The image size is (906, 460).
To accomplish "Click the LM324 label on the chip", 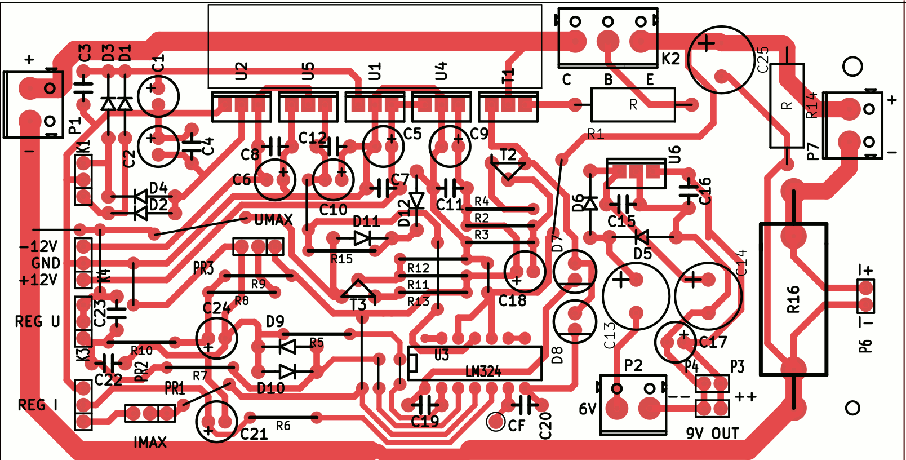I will pyautogui.click(x=483, y=372).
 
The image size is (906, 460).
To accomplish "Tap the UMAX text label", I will pyautogui.click(x=273, y=220).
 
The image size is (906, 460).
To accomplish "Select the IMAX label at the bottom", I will pyautogui.click(x=150, y=443).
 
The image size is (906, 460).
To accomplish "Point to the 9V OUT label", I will pyautogui.click(x=712, y=434).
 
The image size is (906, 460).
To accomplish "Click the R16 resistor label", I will pyautogui.click(x=793, y=299).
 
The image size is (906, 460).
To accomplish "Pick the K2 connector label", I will pyautogui.click(x=670, y=59).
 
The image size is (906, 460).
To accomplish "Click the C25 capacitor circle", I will pyautogui.click(x=721, y=59).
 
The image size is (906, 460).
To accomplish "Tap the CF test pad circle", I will pyautogui.click(x=496, y=421).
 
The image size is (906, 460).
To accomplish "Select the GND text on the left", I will pyautogui.click(x=46, y=263).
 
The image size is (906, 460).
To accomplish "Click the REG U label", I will pyautogui.click(x=37, y=322).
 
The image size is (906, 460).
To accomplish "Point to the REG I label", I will pyautogui.click(x=38, y=405).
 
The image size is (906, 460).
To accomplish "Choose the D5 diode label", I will pyautogui.click(x=643, y=254).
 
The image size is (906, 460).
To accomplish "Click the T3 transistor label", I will pyautogui.click(x=358, y=306).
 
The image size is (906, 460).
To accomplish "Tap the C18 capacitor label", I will pyautogui.click(x=512, y=301).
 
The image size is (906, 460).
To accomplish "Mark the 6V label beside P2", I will pyautogui.click(x=588, y=409).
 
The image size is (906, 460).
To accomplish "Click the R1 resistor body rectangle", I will pyautogui.click(x=633, y=105).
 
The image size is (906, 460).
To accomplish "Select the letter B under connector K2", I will pyautogui.click(x=609, y=80).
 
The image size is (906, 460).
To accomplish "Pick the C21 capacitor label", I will pyautogui.click(x=254, y=434).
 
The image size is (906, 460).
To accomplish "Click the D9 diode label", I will pyautogui.click(x=275, y=322).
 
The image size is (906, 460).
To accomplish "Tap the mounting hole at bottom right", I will pyautogui.click(x=852, y=408).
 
